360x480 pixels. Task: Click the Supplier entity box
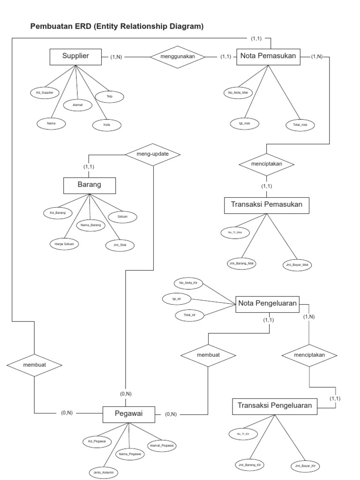pyautogui.click(x=75, y=57)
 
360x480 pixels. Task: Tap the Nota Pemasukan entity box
pyautogui.click(x=268, y=57)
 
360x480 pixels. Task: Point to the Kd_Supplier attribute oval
pyautogui.click(x=45, y=93)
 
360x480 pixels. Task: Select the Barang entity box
pyautogui.click(x=89, y=185)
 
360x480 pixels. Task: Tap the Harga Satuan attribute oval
pyautogui.click(x=64, y=243)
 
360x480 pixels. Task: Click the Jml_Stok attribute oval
pyautogui.click(x=120, y=244)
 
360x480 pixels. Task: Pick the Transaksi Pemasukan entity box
pyautogui.click(x=267, y=205)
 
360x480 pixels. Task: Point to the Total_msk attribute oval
pyautogui.click(x=300, y=125)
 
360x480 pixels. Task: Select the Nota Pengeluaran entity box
pyautogui.click(x=268, y=304)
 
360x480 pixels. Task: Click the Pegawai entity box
pyautogui.click(x=128, y=413)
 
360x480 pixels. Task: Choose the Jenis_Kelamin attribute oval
pyautogui.click(x=104, y=472)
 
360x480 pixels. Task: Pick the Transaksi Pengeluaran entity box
pyautogui.click(x=274, y=406)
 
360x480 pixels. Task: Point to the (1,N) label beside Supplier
pyautogui.click(x=116, y=57)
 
